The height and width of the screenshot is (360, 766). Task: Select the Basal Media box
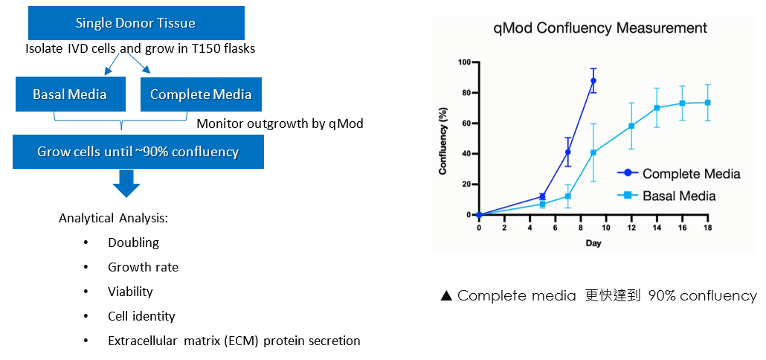[69, 94]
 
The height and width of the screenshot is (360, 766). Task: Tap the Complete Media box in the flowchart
[200, 94]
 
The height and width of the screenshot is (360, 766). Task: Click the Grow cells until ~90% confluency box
[138, 152]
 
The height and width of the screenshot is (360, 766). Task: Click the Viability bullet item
[130, 292]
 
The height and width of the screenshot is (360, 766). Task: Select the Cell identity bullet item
[141, 316]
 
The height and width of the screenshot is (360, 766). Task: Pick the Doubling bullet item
[133, 242]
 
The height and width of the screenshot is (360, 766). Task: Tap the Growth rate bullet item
[143, 267]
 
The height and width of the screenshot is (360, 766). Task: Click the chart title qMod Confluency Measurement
[600, 29]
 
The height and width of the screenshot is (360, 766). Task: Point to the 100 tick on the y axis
[466, 62]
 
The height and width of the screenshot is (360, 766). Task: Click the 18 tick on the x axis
[707, 227]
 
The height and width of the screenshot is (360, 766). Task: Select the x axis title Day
[593, 242]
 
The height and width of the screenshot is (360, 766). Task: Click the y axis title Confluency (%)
[443, 138]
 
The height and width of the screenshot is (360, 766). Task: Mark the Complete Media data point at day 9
[593, 80]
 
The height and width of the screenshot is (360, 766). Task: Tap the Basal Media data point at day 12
[631, 126]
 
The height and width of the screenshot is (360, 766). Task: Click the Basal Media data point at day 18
[707, 103]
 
